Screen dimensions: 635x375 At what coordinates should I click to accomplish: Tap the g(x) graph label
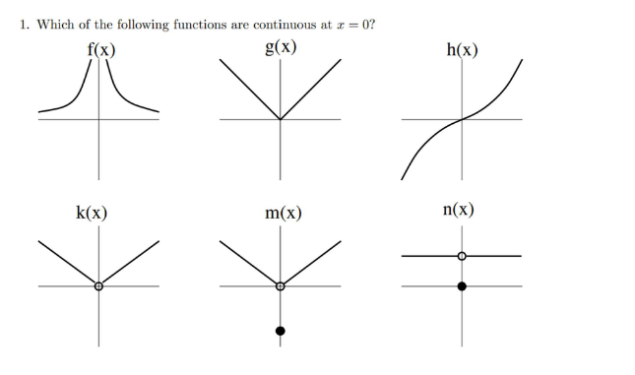pos(281,47)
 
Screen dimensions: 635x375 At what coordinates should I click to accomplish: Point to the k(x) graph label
pos(92,212)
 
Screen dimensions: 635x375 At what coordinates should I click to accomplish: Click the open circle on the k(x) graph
pos(97,286)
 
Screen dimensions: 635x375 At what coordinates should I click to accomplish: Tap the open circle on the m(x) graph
pos(281,286)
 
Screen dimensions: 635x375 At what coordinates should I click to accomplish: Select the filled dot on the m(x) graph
pos(281,331)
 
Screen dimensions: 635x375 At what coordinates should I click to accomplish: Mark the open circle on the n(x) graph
pos(462,256)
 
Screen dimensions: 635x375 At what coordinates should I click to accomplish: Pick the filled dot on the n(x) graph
pos(462,285)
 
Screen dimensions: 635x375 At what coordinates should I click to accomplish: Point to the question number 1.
pos(25,26)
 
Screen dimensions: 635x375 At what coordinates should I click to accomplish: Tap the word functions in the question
pos(198,26)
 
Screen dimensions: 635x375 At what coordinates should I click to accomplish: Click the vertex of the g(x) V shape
pos(281,120)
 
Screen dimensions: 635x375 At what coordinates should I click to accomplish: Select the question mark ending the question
pos(371,26)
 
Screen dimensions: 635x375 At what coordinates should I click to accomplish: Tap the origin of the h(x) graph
pos(462,120)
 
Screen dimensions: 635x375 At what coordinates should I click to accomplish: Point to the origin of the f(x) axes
pos(97,120)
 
